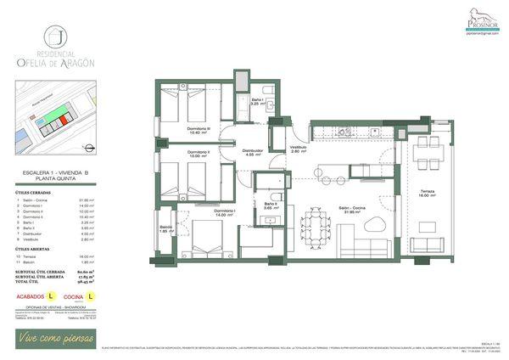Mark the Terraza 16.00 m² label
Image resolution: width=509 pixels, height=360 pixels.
[x=427, y=194]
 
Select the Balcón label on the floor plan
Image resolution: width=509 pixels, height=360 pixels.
[x=165, y=229]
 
